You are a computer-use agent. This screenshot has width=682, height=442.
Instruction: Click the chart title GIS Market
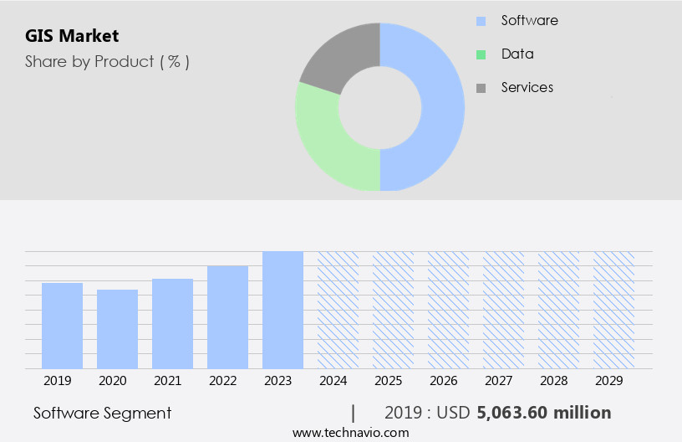[72, 36]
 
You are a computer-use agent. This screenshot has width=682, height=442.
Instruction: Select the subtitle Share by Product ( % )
[107, 61]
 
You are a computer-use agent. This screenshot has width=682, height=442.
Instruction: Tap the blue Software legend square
[481, 21]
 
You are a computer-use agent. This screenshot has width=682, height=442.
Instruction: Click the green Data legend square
[481, 54]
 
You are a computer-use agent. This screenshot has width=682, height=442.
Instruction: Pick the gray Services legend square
[481, 88]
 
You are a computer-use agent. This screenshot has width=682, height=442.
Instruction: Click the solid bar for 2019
[62, 326]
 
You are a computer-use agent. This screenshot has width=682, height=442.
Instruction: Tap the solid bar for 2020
[117, 329]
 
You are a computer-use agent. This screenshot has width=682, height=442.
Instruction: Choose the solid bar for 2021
[172, 324]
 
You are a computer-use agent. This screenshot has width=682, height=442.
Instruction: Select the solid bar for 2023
[282, 310]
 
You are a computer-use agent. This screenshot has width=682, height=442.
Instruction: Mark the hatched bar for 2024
[338, 310]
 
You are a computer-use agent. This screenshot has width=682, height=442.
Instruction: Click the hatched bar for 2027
[503, 310]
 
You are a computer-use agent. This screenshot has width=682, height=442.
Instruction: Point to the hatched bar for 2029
[613, 310]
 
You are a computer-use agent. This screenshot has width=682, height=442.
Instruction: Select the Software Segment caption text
[102, 413]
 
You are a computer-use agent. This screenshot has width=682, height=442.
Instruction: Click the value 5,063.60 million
[543, 413]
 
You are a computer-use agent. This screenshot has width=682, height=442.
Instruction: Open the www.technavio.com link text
[350, 433]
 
